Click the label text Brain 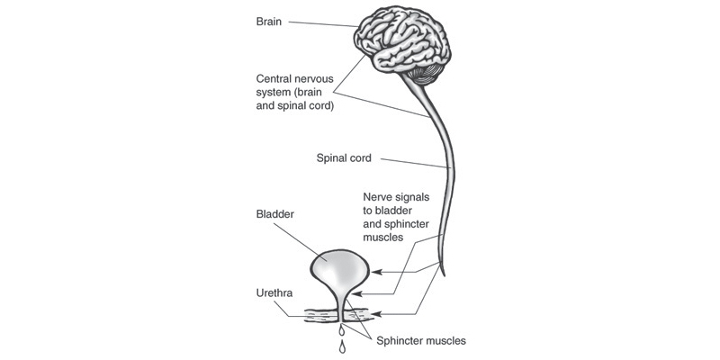point(268,22)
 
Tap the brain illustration point(402,43)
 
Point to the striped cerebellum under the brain point(426,74)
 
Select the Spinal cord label point(344,158)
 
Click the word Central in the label point(273,78)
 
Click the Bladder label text point(274,214)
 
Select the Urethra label point(274,293)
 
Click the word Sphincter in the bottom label point(398,341)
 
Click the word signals point(411,197)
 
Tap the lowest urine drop point(342,347)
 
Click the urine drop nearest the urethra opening point(341,329)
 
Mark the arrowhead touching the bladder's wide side point(376,272)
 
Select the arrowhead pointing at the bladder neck point(357,294)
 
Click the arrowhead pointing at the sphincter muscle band point(376,314)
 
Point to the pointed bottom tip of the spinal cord point(444,276)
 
